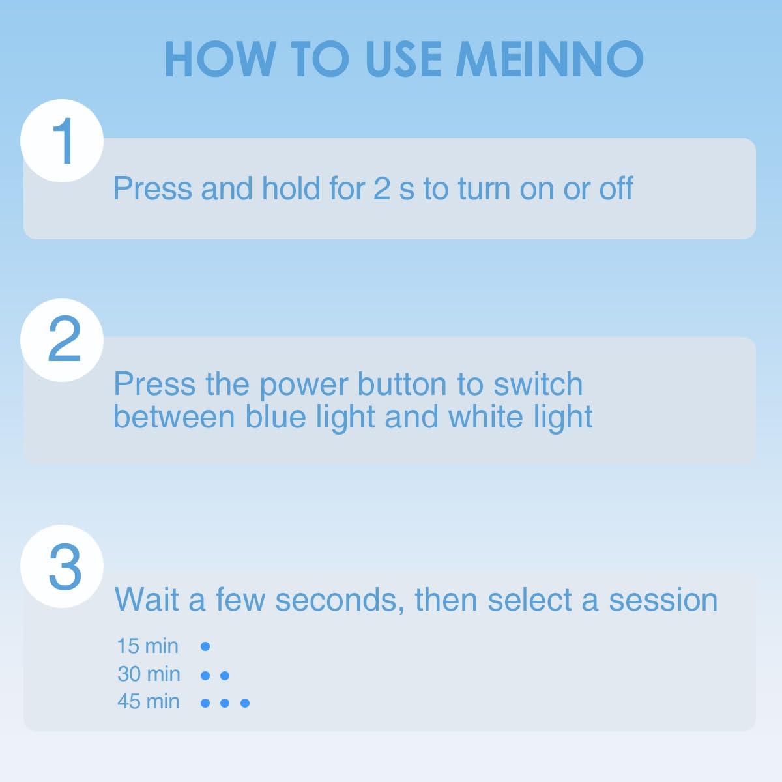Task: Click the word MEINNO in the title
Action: (549, 59)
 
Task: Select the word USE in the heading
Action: (403, 59)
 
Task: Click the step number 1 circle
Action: (62, 141)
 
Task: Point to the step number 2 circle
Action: (62, 340)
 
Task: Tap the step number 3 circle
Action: (62, 566)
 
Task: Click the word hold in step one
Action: (291, 188)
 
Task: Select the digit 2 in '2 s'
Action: (381, 189)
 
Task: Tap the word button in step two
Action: (402, 384)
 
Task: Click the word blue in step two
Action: (275, 416)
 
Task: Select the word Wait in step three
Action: (147, 600)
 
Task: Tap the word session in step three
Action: (663, 600)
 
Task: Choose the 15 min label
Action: (148, 646)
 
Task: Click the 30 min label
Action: (149, 674)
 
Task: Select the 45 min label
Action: (149, 701)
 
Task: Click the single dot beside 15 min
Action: (205, 646)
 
